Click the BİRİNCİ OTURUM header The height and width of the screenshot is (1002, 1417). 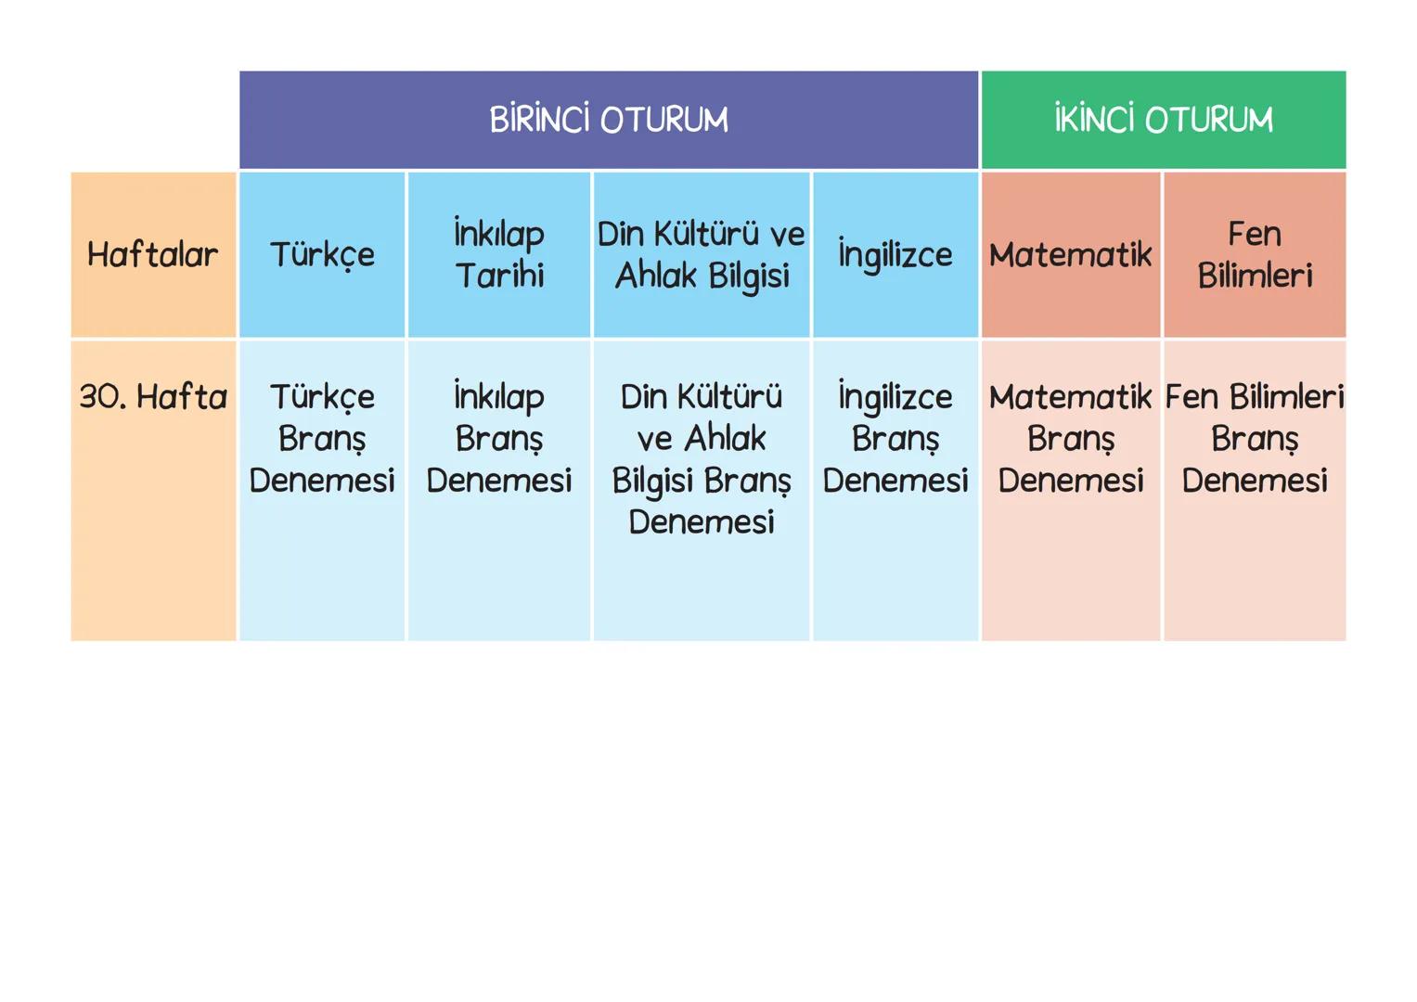coord(609,120)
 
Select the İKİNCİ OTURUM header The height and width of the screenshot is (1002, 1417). coord(1163,120)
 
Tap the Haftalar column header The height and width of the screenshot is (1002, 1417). coord(153,254)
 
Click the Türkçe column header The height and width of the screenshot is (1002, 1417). coord(322,254)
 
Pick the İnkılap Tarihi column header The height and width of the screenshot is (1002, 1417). coord(499,254)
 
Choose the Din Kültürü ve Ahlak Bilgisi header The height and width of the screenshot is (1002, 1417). coord(702,254)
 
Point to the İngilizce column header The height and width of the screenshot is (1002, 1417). coord(895,254)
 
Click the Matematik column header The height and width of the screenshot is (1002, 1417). coord(1070,254)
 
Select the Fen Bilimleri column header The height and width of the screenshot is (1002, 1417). coord(1255,254)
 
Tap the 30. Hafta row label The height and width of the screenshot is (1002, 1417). coord(153,397)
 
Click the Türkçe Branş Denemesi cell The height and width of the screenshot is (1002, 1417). coord(322,438)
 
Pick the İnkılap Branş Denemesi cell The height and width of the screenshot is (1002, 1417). coord(499,438)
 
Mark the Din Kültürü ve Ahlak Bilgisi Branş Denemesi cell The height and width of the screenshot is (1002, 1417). coord(702,458)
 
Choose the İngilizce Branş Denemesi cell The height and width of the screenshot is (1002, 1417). coord(895,438)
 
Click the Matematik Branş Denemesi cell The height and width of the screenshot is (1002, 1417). coord(1070,438)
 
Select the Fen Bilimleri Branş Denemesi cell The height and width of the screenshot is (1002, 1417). coord(1255,438)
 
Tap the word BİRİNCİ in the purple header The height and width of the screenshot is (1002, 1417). coord(539,121)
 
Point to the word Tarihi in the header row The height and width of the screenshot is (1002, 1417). coord(499,276)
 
